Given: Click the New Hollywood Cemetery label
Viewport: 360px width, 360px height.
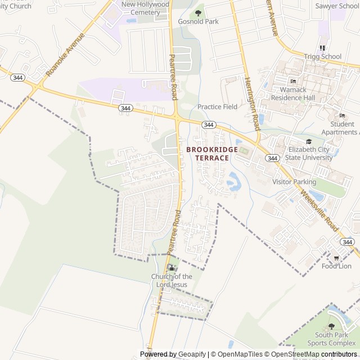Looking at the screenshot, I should (x=145, y=8).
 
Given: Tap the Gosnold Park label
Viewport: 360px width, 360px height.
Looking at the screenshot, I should (x=198, y=21).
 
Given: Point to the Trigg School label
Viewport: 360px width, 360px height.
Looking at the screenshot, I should (x=322, y=56).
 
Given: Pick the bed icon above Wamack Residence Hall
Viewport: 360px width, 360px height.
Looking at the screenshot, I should (x=293, y=82).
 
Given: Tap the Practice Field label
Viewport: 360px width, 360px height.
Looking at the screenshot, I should (x=217, y=106).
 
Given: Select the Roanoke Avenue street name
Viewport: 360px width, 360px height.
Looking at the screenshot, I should (x=65, y=54).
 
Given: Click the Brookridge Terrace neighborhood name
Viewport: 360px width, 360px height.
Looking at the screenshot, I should (x=208, y=154).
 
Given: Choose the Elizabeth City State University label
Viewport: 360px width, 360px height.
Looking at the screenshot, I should (x=310, y=154).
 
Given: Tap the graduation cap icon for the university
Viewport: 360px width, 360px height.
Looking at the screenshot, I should (x=308, y=142).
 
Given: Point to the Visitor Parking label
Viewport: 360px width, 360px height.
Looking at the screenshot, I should (x=294, y=182).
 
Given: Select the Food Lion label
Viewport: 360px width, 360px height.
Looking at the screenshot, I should (x=336, y=266).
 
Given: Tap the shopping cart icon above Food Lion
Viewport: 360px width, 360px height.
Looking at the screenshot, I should (x=336, y=258).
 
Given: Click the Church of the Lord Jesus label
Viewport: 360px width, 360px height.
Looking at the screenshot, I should (x=172, y=280).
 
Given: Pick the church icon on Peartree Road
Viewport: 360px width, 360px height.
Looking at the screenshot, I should (x=172, y=268).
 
